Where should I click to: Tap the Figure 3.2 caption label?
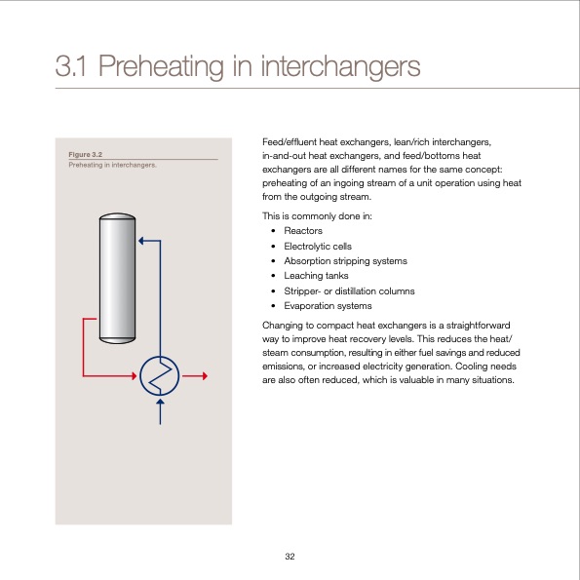(86, 154)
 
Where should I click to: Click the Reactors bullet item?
(302, 230)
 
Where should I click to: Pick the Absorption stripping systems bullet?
(345, 260)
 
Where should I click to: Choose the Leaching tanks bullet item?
(316, 276)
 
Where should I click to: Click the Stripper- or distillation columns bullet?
(349, 290)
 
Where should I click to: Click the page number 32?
(290, 556)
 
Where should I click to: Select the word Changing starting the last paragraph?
(284, 324)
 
